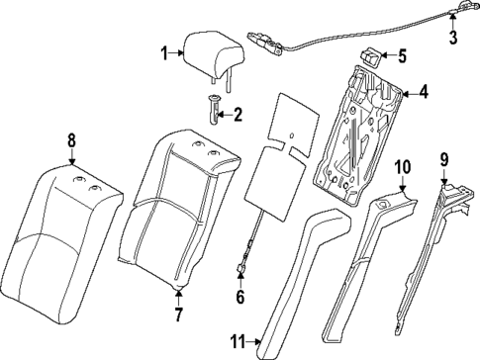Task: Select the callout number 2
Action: coord(237,115)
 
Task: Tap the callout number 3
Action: coord(453,39)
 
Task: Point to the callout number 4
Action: coord(423,94)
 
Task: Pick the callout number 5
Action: coord(402,56)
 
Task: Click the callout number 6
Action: coord(240,296)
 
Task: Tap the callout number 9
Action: coord(444,157)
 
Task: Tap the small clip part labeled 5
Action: coord(373,56)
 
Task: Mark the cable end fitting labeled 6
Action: coord(240,266)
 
